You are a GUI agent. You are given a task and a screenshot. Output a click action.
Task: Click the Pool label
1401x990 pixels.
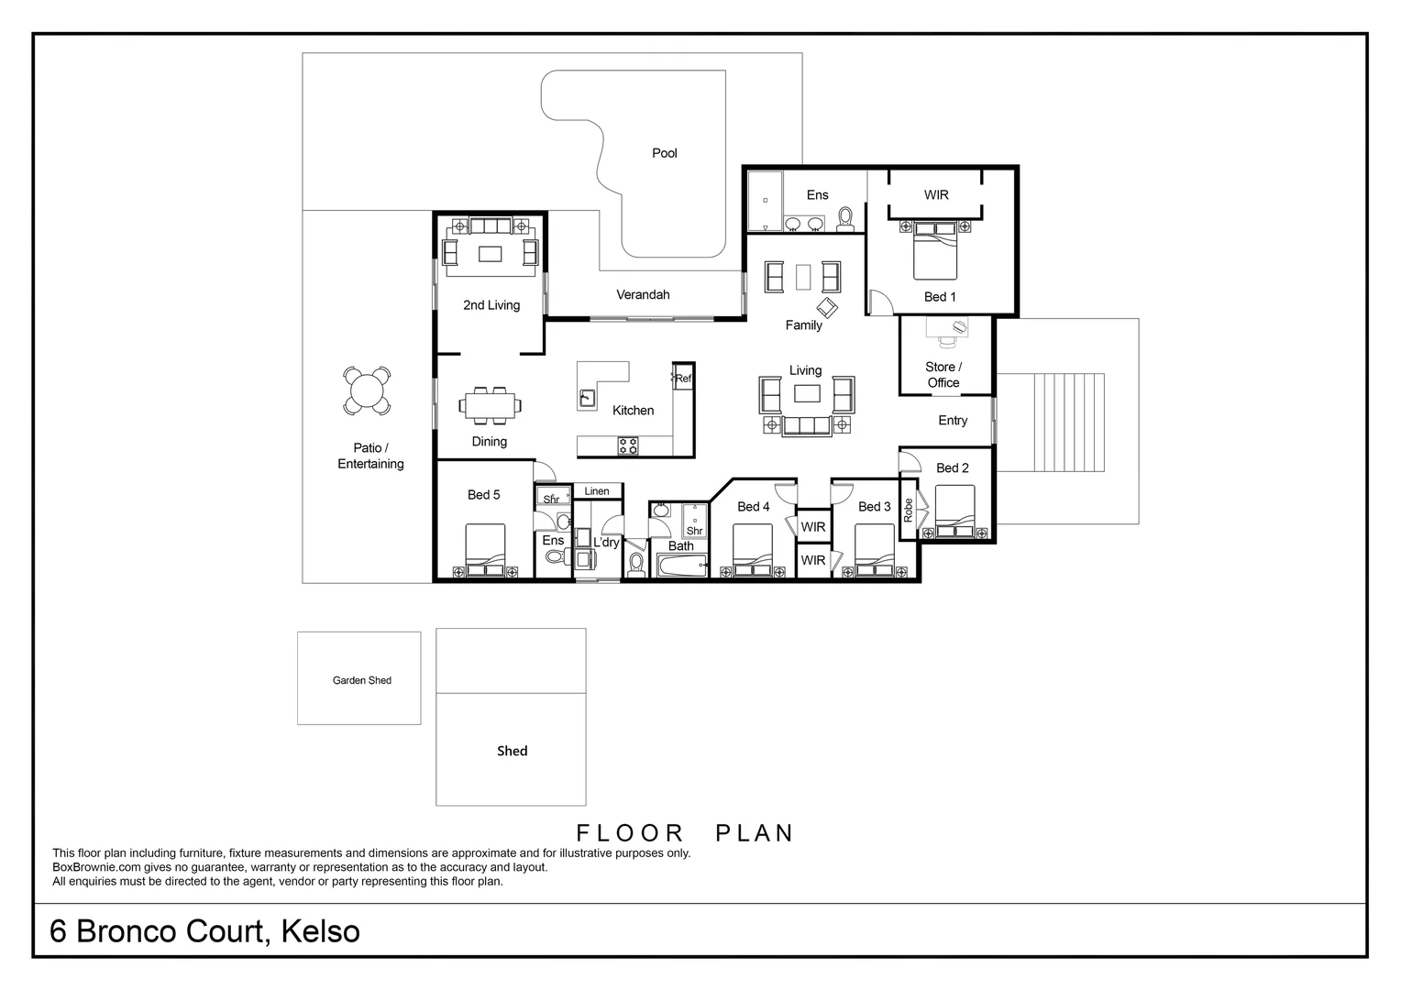[x=664, y=153]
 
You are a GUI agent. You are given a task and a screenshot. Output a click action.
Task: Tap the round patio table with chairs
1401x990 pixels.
[x=366, y=391]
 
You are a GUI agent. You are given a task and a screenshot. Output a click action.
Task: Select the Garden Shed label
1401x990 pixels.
[x=361, y=680]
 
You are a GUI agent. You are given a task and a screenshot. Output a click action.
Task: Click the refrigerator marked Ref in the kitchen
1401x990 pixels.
[x=683, y=378]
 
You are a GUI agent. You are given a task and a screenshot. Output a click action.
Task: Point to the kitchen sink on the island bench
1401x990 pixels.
[x=587, y=399]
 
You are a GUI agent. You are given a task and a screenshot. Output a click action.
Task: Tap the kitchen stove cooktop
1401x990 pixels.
[x=628, y=446]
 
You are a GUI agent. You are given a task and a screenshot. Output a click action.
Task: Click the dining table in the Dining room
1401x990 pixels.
[x=490, y=405]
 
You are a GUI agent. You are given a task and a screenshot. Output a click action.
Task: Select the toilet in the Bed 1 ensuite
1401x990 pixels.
[x=844, y=217]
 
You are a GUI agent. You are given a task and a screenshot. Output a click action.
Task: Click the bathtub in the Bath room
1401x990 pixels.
[x=681, y=565]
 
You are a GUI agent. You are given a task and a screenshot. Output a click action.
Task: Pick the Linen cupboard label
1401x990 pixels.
[x=597, y=491]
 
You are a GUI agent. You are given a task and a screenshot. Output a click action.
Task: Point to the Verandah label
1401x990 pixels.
[x=643, y=294]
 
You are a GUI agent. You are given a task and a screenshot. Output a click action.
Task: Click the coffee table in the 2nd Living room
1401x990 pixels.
[x=491, y=253]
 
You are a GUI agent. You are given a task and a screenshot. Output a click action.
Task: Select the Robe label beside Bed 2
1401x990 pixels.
[x=909, y=511]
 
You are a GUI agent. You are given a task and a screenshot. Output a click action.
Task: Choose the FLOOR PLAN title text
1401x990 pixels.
[x=684, y=832]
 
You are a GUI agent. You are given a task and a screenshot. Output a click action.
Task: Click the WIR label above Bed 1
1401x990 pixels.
[x=936, y=194]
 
